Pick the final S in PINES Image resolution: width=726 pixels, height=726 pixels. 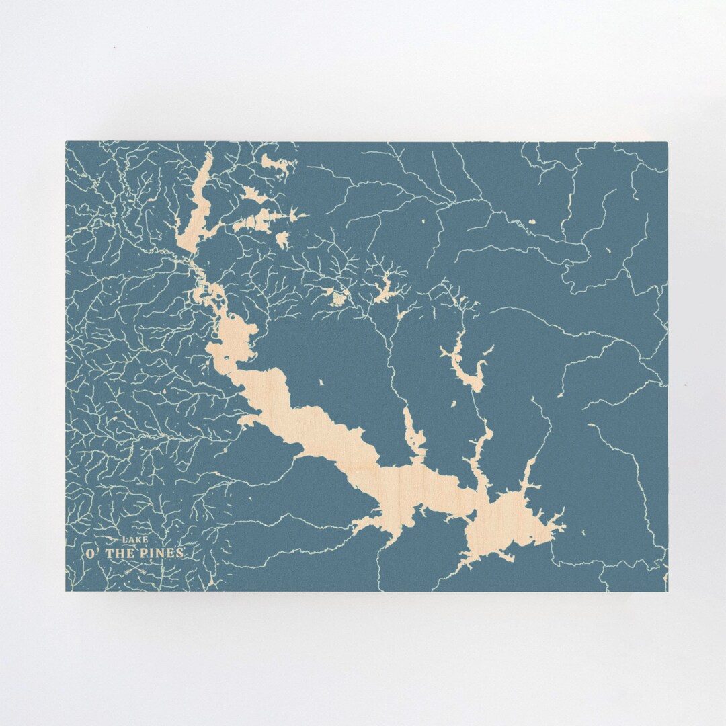tap(179, 553)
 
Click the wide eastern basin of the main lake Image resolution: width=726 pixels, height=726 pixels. tap(511, 524)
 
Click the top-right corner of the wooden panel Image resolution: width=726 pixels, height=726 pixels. tap(668, 142)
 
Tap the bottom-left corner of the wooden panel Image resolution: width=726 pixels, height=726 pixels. tap(66, 591)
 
